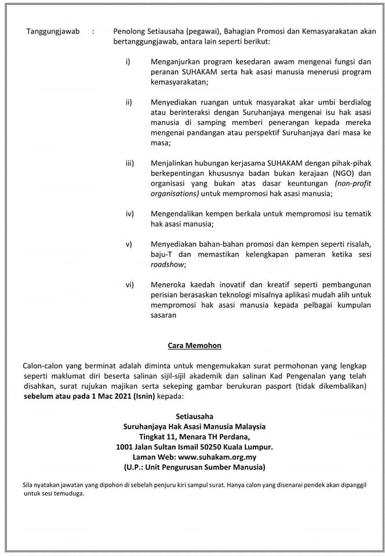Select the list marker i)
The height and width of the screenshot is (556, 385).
point(128,61)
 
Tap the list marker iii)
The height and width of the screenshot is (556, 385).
point(130,163)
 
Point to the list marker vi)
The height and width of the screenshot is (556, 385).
point(130,284)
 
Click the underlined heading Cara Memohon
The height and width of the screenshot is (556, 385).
point(194,346)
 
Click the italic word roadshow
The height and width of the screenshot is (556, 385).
point(168,264)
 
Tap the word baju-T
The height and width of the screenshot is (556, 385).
point(164,254)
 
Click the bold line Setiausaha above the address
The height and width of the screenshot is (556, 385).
point(194,416)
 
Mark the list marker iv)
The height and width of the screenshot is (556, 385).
point(130,214)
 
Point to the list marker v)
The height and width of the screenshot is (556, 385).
point(129,244)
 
